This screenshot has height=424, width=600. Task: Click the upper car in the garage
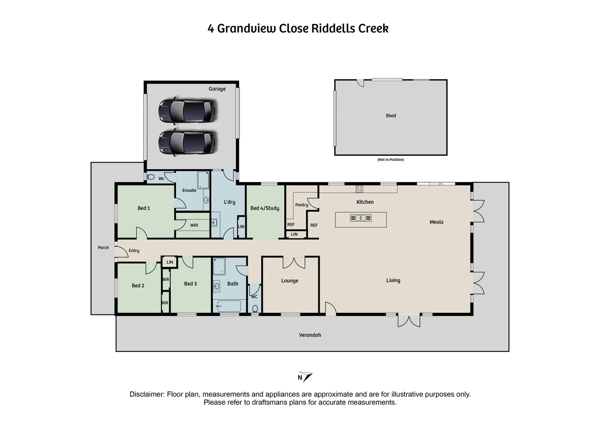187,110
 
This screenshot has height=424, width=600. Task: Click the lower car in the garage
187,142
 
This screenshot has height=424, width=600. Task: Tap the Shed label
390,116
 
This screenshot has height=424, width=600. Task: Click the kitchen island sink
360,218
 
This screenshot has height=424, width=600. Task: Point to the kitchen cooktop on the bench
359,189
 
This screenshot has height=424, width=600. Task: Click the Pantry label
302,205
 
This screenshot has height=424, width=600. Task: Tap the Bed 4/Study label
265,208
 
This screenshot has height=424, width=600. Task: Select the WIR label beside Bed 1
194,225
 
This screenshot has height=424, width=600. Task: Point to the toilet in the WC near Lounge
255,308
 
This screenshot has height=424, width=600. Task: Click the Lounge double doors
294,262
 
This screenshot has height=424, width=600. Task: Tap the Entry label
134,250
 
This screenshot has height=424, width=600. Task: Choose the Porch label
103,248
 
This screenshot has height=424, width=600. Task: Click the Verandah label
310,335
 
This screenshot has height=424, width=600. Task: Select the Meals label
436,222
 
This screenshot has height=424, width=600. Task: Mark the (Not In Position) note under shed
390,160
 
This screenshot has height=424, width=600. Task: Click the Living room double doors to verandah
409,321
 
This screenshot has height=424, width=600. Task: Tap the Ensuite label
189,190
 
